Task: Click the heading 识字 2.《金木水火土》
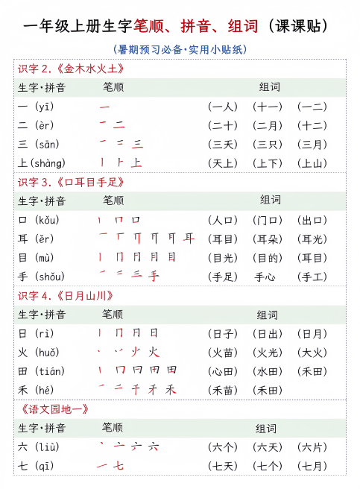pyautogui.click(x=71, y=69)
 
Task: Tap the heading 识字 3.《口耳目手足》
pyautogui.click(x=71, y=182)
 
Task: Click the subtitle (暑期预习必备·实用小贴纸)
pyautogui.click(x=179, y=50)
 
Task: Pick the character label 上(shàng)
pyautogui.click(x=42, y=163)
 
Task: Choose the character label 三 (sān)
pyautogui.click(x=39, y=145)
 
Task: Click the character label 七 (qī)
pyautogui.click(x=36, y=467)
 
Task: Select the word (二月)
pyautogui.click(x=268, y=126)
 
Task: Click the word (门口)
pyautogui.click(x=268, y=221)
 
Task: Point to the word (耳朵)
pyautogui.click(x=268, y=239)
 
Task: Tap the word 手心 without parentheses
pyautogui.click(x=268, y=277)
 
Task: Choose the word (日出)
pyautogui.click(x=268, y=333)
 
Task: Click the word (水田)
pyautogui.click(x=268, y=371)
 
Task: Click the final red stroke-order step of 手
pyautogui.click(x=154, y=277)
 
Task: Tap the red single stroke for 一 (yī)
pyautogui.click(x=104, y=107)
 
